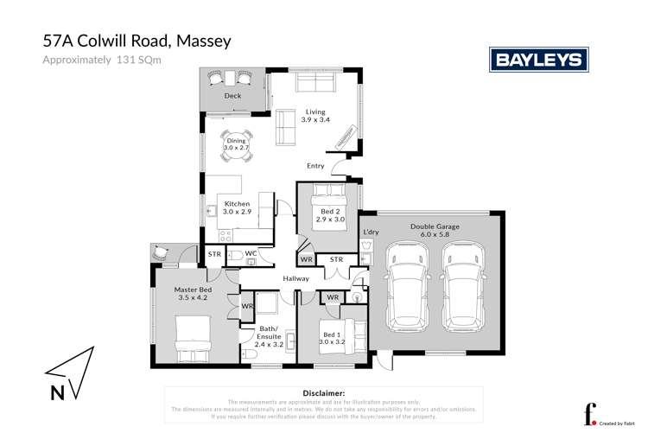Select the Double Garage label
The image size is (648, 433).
434,226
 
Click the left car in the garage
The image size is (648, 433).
404,284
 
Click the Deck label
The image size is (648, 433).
232,96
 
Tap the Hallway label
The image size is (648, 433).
296,277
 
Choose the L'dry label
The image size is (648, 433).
372,232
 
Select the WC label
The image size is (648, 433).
251,253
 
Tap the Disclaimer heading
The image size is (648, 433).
320,392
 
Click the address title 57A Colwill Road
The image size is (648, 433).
137,40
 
